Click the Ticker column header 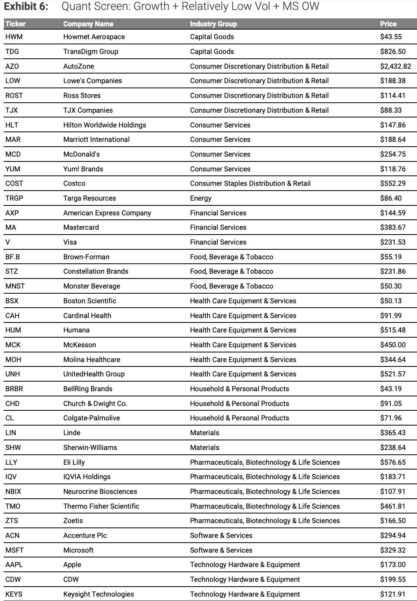click(16, 24)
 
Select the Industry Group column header click(213, 24)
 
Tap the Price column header click(388, 24)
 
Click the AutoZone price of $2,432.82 click(395, 66)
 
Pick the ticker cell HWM click(14, 37)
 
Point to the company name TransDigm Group click(91, 52)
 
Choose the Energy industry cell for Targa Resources click(201, 198)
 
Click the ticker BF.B click(13, 257)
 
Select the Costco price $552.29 click(393, 183)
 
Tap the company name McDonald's click(81, 154)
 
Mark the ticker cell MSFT click(14, 550)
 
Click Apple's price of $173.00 click(393, 565)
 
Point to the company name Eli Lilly click(74, 462)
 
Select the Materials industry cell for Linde click(205, 433)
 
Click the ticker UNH click(13, 374)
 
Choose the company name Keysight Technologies click(99, 594)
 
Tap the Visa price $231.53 click(393, 242)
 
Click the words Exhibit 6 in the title click(26, 7)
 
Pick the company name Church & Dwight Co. click(95, 404)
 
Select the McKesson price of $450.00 click(393, 345)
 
